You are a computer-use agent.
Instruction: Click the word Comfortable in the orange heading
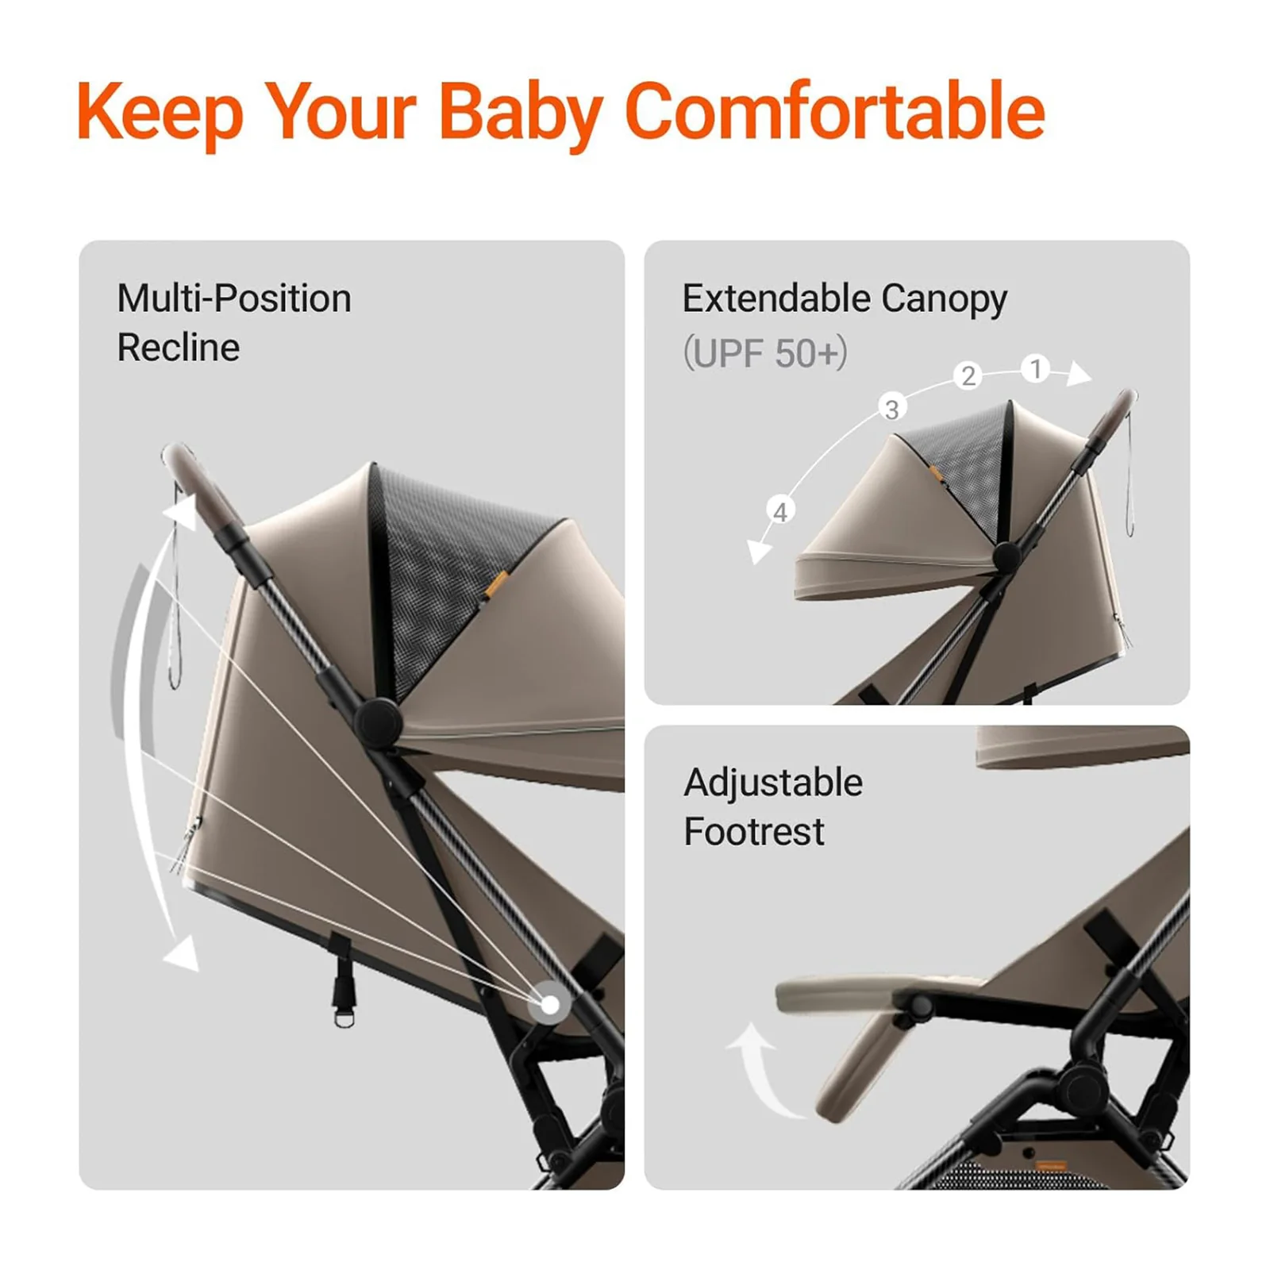pos(835,112)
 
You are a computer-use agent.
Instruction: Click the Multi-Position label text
pos(233,299)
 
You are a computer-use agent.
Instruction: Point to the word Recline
pos(178,348)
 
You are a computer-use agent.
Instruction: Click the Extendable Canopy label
pos(844,299)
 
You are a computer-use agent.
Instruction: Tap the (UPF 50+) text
pos(764,352)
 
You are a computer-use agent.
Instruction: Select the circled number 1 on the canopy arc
pos(1035,369)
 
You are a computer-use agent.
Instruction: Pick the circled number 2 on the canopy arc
pos(968,375)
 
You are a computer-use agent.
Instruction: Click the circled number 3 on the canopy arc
pos(892,409)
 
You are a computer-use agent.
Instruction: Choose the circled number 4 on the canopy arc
pos(780,512)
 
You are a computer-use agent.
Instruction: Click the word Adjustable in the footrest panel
pos(772,783)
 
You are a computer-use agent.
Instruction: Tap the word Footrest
pos(753,832)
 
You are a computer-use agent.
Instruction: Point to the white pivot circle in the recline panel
pos(549,1005)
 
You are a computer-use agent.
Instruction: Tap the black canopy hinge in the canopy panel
pos(1006,557)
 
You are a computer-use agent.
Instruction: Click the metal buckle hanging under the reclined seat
pos(343,1014)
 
